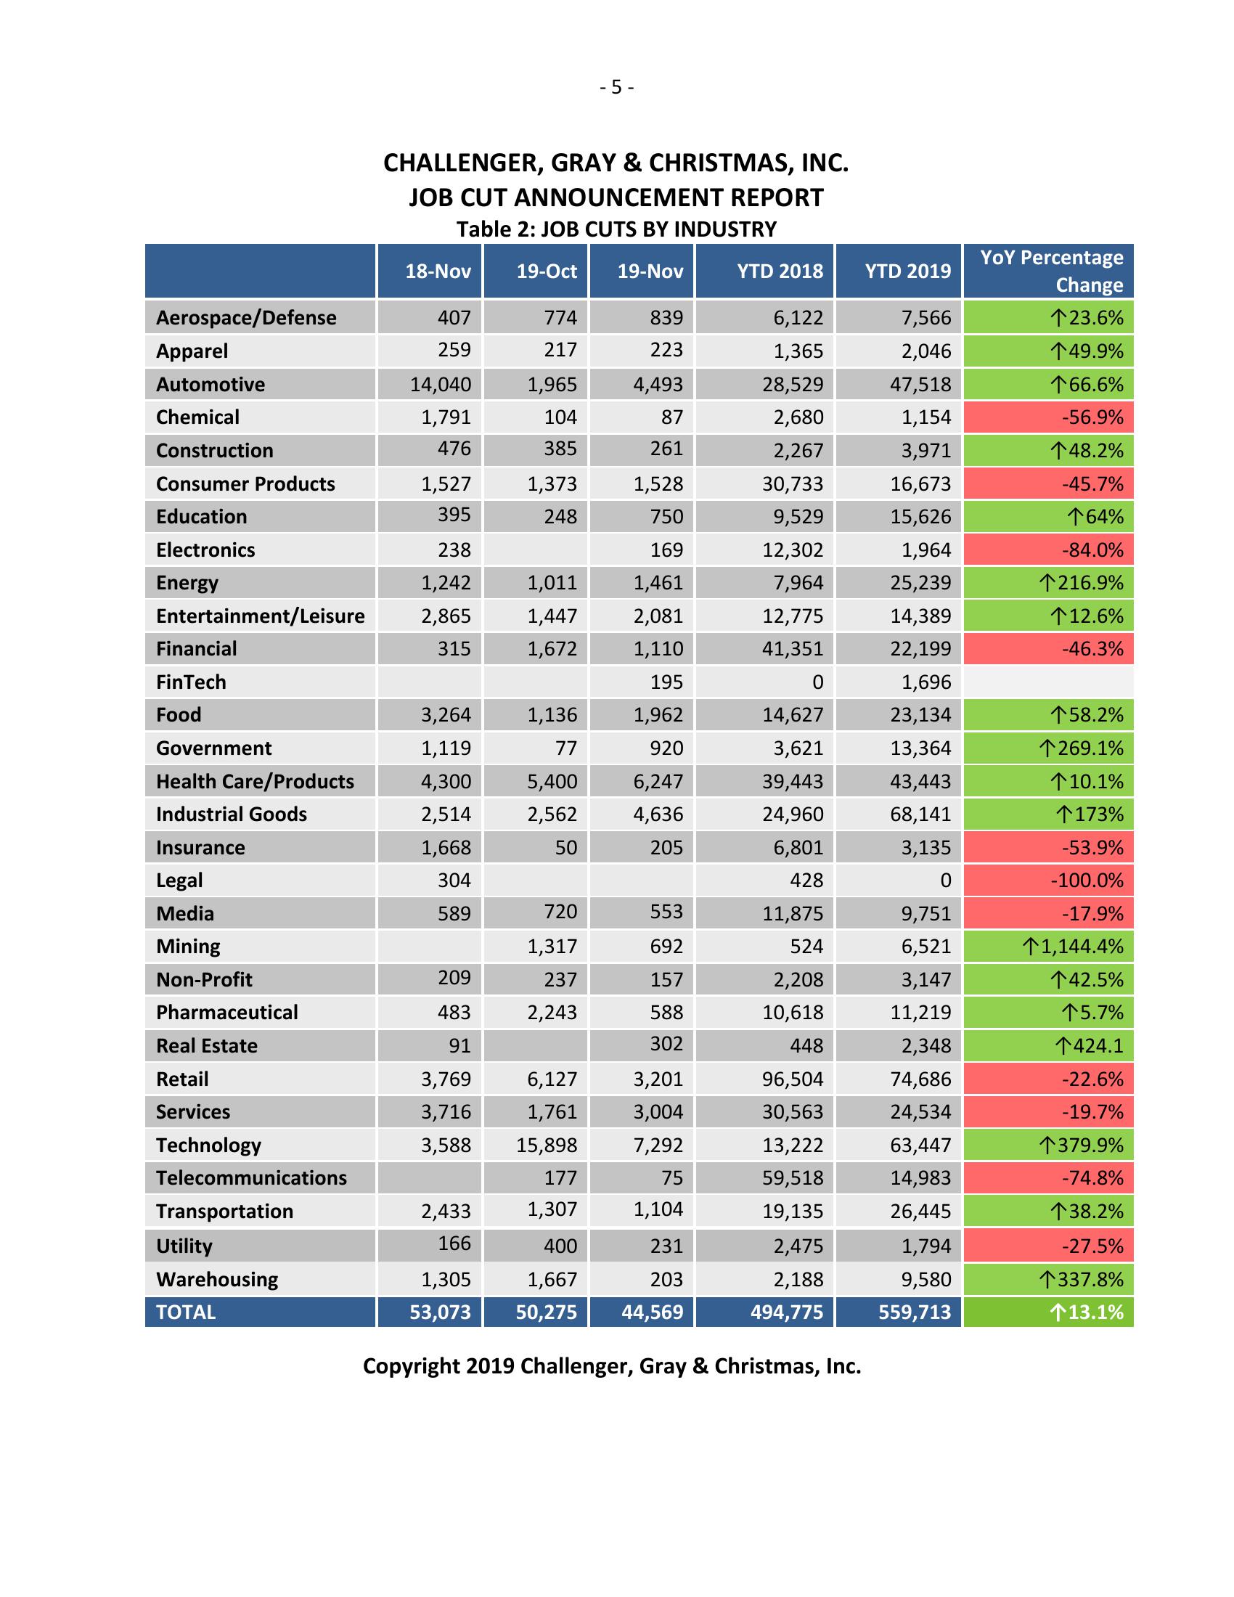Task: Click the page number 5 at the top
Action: [x=616, y=88]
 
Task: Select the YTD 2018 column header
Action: [x=780, y=271]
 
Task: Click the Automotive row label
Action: [x=211, y=385]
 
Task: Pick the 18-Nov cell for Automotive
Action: [x=440, y=385]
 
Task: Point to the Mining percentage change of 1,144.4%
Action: [x=1072, y=947]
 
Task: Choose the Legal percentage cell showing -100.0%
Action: [x=1087, y=881]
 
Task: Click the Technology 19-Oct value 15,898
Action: [x=547, y=1145]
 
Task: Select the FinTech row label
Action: [x=191, y=682]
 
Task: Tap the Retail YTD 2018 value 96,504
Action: [x=793, y=1079]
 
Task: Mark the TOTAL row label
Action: [x=186, y=1312]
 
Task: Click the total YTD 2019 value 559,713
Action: [x=915, y=1312]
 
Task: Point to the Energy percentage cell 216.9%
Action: [x=1081, y=584]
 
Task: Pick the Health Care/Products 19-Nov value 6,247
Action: [x=658, y=782]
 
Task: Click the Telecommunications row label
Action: [x=251, y=1178]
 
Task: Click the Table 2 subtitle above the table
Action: [x=616, y=229]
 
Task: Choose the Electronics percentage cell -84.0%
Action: [x=1092, y=550]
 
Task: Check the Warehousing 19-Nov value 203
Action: [x=666, y=1280]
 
